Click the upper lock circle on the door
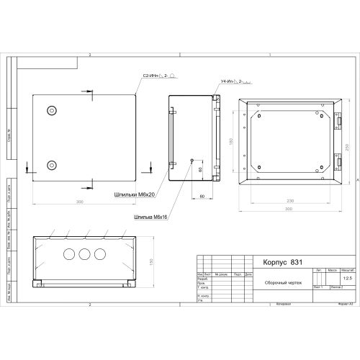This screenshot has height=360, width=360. click(51, 110)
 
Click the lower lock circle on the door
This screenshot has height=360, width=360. click(51, 165)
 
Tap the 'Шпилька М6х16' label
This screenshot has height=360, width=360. click(150, 216)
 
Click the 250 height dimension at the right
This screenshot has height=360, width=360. click(347, 148)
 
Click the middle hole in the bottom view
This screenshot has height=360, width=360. click(85, 254)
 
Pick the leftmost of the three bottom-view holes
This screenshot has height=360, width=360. click(69, 254)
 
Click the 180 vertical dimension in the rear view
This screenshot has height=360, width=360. click(233, 142)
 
